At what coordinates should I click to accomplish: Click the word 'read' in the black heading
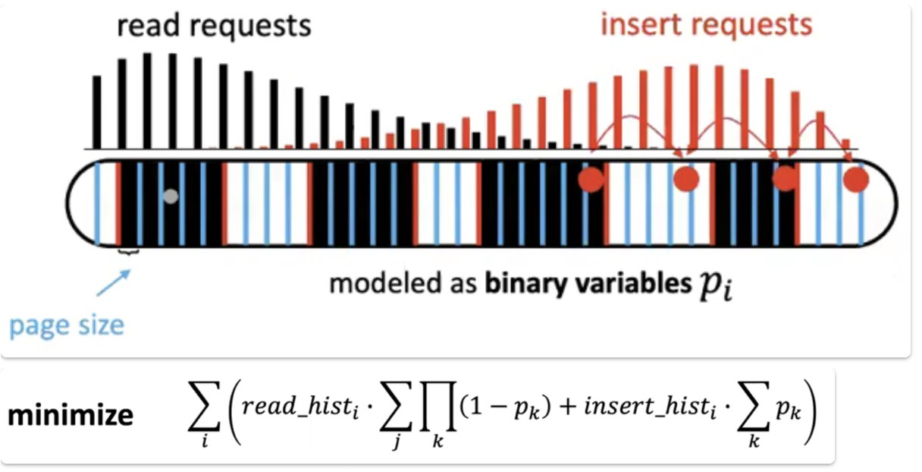tap(150, 26)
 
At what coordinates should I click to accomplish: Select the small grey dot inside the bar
tap(171, 197)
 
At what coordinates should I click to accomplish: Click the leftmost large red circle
tap(591, 180)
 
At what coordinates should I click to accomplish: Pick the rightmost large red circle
tap(856, 180)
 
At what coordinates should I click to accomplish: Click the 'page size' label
tap(67, 326)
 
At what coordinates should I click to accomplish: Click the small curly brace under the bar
tap(128, 253)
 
